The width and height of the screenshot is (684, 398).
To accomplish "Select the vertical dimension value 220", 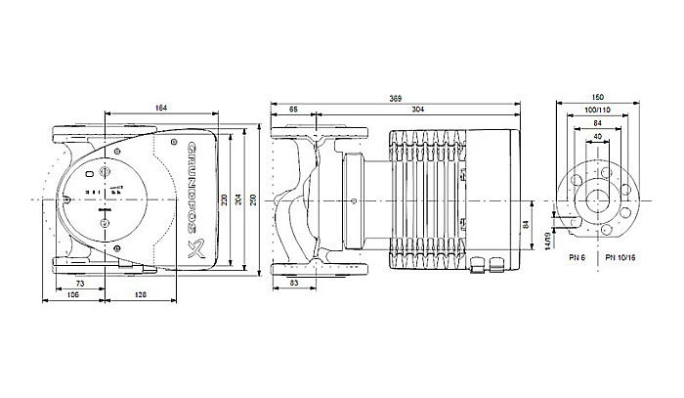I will coord(224,200).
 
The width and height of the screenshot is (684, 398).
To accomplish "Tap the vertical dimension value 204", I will coord(240,200).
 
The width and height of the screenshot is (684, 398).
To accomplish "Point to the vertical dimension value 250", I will coord(257,200).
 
